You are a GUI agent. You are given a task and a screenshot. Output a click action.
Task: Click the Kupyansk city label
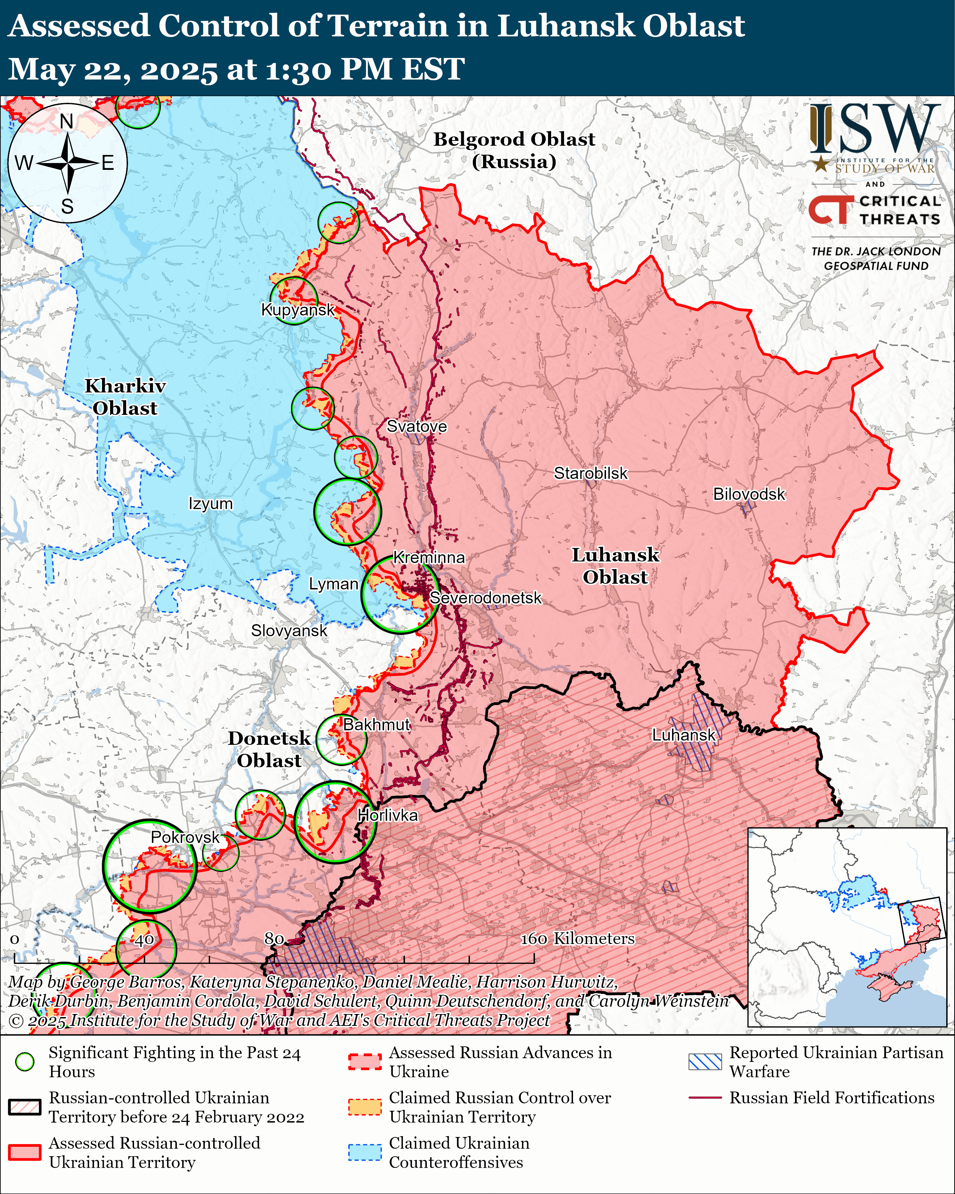coord(298,310)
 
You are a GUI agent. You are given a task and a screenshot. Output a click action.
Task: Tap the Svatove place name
coord(416,426)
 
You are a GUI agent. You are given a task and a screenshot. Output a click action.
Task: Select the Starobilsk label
coord(591,473)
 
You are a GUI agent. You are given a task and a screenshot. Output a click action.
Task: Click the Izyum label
coord(211,504)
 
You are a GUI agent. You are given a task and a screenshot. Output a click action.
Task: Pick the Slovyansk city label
coord(289,631)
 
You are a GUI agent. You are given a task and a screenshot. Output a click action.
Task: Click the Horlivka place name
coord(387,815)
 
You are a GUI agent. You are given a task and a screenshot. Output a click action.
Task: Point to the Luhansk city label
coord(684,735)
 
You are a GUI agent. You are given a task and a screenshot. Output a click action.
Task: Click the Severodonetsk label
coord(485,598)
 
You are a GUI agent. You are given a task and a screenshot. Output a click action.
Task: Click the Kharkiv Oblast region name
coord(125,397)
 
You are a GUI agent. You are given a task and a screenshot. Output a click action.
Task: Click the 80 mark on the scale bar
coord(274,939)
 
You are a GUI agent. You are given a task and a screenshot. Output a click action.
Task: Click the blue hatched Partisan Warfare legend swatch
coord(705,1062)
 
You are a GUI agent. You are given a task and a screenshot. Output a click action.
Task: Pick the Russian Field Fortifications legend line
coord(705,1097)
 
